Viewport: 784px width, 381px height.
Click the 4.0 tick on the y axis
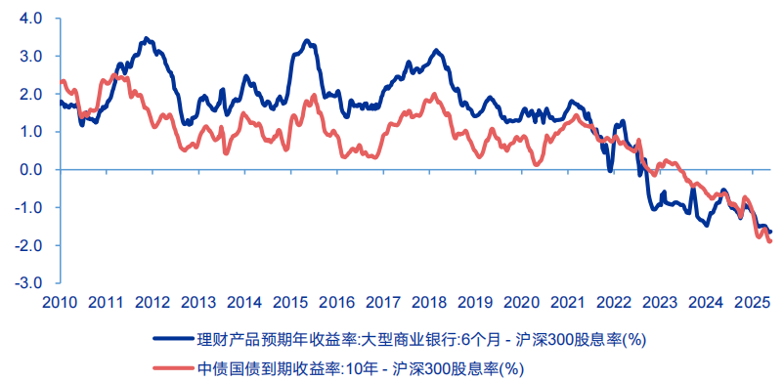pos(30,19)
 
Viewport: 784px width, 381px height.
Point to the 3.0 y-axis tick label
pos(30,56)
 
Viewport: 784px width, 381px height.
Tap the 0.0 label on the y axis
pos(30,170)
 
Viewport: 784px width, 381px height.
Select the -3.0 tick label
pos(28,283)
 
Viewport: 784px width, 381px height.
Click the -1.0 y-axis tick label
pos(28,207)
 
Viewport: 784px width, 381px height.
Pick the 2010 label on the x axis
pos(61,302)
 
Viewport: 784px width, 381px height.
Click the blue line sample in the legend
pos(173,340)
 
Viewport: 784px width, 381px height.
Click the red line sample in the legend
pos(173,368)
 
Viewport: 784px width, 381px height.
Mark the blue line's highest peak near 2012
pos(146,38)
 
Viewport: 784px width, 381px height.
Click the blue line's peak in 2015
pos(307,41)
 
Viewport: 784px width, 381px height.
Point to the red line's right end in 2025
pos(770,241)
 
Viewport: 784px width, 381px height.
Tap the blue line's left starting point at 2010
pos(61,101)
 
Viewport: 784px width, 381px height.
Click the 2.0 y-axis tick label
pos(30,94)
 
